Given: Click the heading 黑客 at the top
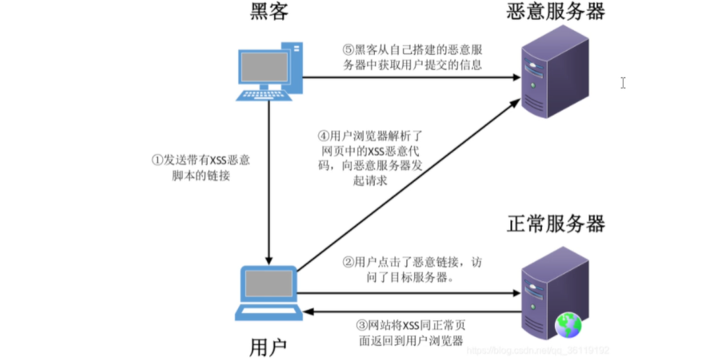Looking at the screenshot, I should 268,12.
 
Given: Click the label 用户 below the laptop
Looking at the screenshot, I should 268,347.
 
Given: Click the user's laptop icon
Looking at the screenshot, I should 268,293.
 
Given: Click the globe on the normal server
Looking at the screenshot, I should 568,326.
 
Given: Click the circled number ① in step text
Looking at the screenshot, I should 156,160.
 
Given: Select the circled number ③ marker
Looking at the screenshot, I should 361,325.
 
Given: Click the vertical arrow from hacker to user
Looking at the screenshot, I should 269,182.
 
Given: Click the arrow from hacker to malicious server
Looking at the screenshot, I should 411,78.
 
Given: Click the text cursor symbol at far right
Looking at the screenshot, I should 622,83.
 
